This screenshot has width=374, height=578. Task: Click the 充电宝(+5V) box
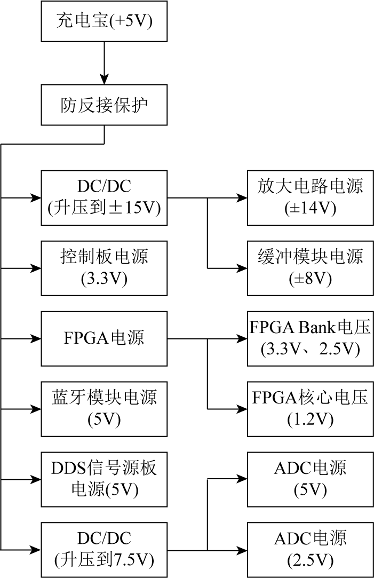pyautogui.click(x=104, y=21)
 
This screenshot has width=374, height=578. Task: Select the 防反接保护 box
pyautogui.click(x=104, y=105)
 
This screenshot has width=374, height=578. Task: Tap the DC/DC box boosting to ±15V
pyautogui.click(x=104, y=198)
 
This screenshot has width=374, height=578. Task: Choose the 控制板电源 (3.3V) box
pyautogui.click(x=104, y=268)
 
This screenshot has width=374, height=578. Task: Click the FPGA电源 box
pyautogui.click(x=104, y=338)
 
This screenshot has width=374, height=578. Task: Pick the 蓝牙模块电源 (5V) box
pyautogui.click(x=104, y=409)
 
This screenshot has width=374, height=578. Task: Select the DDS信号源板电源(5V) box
pyautogui.click(x=104, y=479)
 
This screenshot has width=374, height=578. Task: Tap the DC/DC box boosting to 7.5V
pyautogui.click(x=104, y=550)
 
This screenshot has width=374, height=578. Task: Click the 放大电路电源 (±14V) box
pyautogui.click(x=311, y=198)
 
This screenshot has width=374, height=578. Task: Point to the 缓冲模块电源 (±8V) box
pyautogui.click(x=311, y=268)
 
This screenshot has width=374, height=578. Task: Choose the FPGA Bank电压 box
pyautogui.click(x=311, y=338)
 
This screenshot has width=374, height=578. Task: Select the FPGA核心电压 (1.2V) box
pyautogui.click(x=311, y=409)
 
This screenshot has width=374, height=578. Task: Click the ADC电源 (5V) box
pyautogui.click(x=311, y=479)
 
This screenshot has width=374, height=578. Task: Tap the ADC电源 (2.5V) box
pyautogui.click(x=311, y=550)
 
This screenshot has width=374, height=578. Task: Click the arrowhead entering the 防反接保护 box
pyautogui.click(x=104, y=80)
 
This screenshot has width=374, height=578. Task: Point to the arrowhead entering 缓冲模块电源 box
pyautogui.click(x=242, y=268)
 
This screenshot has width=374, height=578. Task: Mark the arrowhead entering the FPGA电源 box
pyautogui.click(x=36, y=338)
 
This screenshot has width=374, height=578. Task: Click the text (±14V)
pyautogui.click(x=311, y=209)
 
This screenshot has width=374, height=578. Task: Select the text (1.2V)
pyautogui.click(x=311, y=419)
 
